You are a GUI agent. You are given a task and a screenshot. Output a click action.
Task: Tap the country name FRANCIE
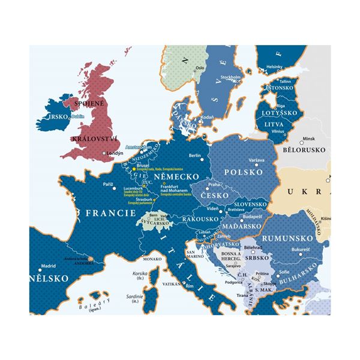coord(109,212)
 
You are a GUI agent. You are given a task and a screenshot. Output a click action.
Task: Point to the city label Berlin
coord(194,156)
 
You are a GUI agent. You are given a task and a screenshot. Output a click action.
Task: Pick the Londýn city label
coord(115,153)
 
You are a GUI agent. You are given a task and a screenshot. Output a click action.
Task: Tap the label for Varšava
coord(256,160)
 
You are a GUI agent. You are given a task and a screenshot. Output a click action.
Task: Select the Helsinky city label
coord(275,67)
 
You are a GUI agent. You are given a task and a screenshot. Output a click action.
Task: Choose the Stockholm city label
coord(230,77)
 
